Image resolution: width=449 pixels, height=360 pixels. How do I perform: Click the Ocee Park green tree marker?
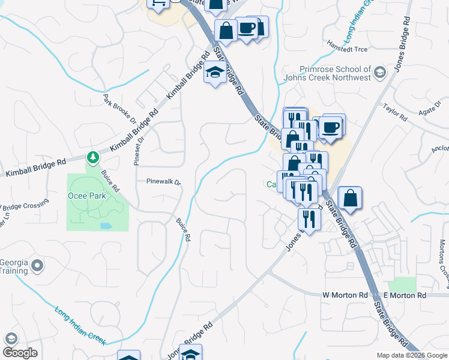click(x=92, y=158)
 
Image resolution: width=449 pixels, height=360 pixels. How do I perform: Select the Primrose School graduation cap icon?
click(x=379, y=73)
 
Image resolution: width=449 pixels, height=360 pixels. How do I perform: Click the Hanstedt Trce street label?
click(x=346, y=44)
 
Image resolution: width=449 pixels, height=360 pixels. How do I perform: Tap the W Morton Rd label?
click(x=345, y=295)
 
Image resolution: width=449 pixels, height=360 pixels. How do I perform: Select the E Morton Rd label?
click(x=405, y=295)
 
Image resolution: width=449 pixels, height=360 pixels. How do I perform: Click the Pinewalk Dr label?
click(x=163, y=181)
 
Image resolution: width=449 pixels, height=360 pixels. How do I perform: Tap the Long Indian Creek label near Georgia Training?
click(x=80, y=326)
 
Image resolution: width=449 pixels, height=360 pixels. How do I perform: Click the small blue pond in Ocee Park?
click(x=106, y=227)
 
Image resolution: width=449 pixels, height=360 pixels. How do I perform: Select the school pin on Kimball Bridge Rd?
click(x=214, y=73)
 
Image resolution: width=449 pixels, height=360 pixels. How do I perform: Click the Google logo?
click(x=20, y=352)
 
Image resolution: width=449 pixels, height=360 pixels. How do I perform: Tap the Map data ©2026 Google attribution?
click(x=411, y=355)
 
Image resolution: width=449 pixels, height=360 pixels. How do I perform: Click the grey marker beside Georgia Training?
click(x=38, y=265)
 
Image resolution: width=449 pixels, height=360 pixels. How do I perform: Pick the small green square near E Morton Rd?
click(x=402, y=284)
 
